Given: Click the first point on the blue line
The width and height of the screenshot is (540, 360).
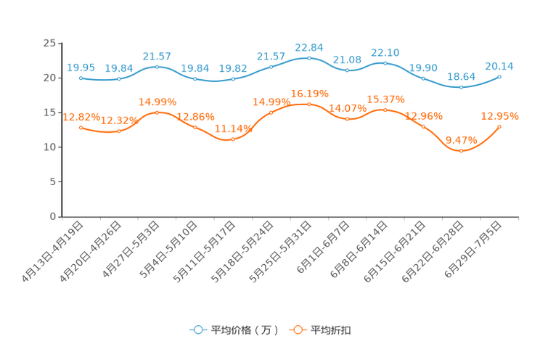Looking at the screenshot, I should pyautogui.click(x=81, y=77).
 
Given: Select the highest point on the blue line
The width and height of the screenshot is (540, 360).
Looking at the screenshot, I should pyautogui.click(x=309, y=57).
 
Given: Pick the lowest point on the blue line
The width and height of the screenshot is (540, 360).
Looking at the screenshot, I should pyautogui.click(x=461, y=87).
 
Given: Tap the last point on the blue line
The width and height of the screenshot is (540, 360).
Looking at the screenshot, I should pyautogui.click(x=499, y=75).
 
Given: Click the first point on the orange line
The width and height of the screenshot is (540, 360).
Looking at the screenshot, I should pyautogui.click(x=81, y=128).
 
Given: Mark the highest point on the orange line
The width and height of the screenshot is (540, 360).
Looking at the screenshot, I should pyautogui.click(x=309, y=105).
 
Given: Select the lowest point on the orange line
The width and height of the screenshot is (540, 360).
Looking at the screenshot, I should pyautogui.click(x=461, y=151).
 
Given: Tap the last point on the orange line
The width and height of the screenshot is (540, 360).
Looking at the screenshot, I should pyautogui.click(x=499, y=126).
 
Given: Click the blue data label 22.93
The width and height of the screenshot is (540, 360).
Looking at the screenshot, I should pyautogui.click(x=309, y=47).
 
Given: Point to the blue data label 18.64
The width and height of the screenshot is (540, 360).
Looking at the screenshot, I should pyautogui.click(x=461, y=76).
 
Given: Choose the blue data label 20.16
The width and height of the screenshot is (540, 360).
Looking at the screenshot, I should pyautogui.click(x=499, y=65).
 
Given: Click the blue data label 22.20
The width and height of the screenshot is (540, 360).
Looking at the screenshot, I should pyautogui.click(x=385, y=52).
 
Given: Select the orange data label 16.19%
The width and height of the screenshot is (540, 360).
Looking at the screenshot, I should pyautogui.click(x=309, y=94).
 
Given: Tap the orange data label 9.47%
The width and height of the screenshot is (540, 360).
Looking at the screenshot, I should pyautogui.click(x=461, y=139).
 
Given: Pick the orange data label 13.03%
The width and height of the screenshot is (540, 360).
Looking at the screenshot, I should pyautogui.click(x=499, y=115).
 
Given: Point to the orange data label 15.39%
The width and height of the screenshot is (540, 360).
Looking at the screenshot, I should pyautogui.click(x=385, y=99).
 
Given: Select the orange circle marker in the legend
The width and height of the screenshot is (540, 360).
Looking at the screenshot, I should pyautogui.click(x=297, y=330).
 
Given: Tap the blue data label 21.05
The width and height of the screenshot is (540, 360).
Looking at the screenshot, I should pyautogui.click(x=347, y=60).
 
